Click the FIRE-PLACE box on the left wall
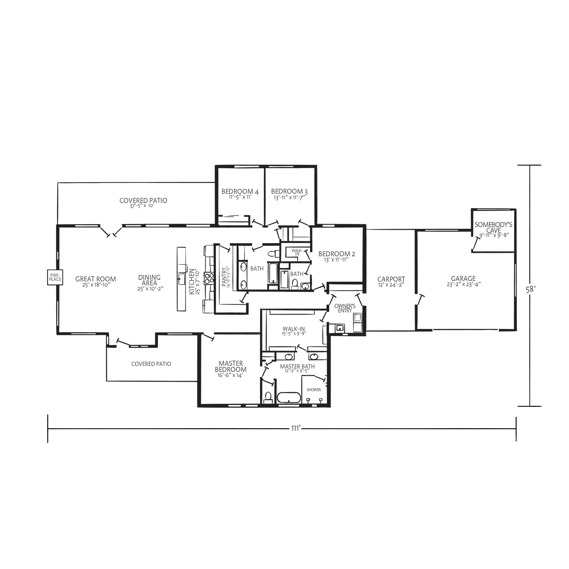(x=55, y=277)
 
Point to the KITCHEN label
(x=192, y=281)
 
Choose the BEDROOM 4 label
(x=240, y=192)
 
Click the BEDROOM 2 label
(x=337, y=254)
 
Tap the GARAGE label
(x=463, y=278)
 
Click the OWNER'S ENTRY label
(x=345, y=308)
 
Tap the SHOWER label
(x=314, y=389)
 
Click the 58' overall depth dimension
(x=530, y=290)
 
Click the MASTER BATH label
(x=297, y=367)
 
